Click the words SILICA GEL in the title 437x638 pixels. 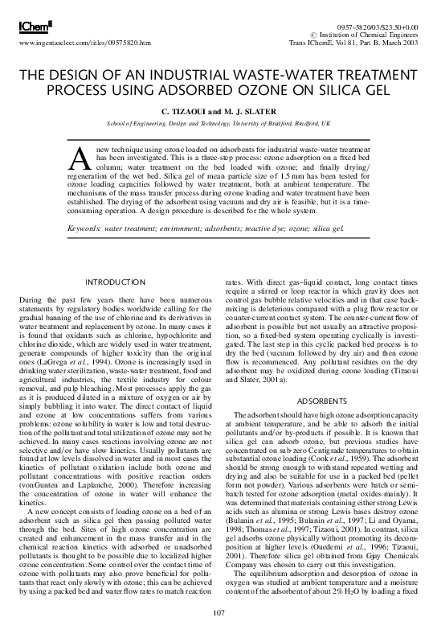345,87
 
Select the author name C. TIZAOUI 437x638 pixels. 183,109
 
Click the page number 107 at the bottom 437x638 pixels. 218,612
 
